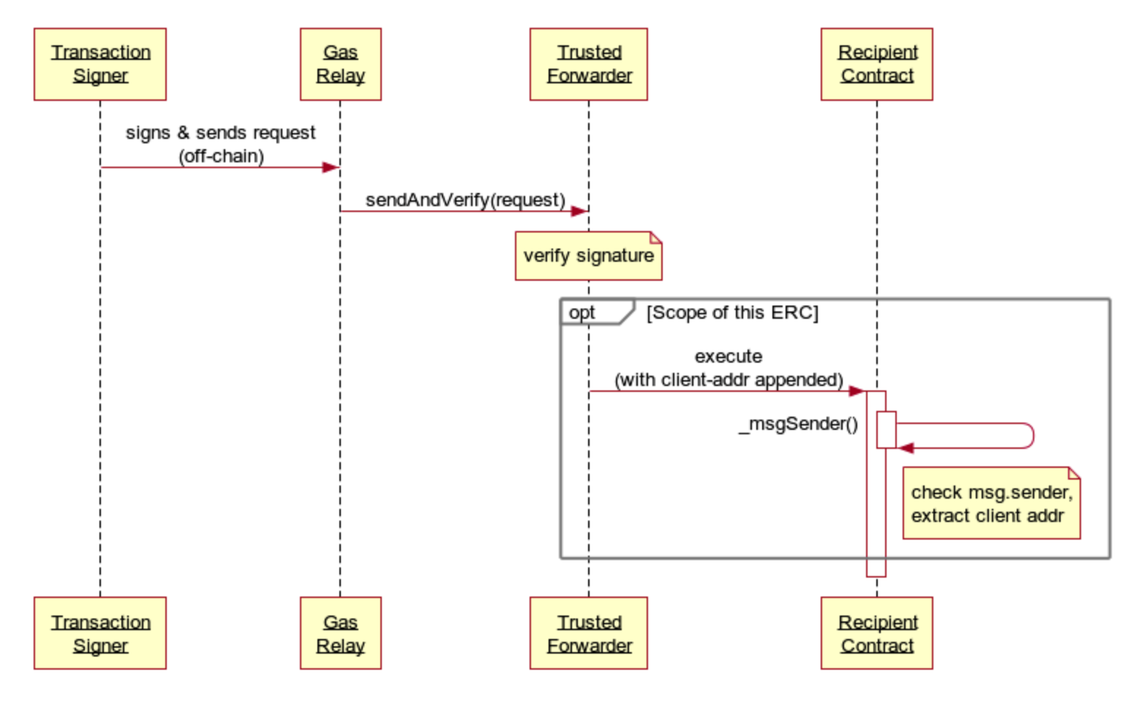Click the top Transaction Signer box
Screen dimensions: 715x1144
click(x=100, y=64)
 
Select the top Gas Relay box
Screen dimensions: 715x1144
click(x=340, y=64)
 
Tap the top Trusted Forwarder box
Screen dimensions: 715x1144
click(x=589, y=64)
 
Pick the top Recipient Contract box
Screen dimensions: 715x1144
click(x=877, y=64)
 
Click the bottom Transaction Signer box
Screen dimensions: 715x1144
click(x=100, y=633)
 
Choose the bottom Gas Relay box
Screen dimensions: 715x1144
click(x=340, y=633)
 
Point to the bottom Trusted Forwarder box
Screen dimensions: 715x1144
click(x=589, y=633)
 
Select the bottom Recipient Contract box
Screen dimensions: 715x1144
click(x=877, y=633)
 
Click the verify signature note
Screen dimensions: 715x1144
click(x=589, y=256)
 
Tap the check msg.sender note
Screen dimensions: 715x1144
click(x=991, y=504)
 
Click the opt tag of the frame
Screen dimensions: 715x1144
click(x=583, y=313)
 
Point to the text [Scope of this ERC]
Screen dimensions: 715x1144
click(x=732, y=313)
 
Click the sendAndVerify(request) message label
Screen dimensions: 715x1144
click(x=465, y=200)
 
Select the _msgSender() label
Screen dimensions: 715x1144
click(x=799, y=424)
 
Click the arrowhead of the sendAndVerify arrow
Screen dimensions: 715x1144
click(x=579, y=211)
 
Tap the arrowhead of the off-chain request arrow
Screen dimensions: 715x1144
click(x=331, y=167)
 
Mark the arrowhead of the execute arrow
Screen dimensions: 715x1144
click(x=857, y=391)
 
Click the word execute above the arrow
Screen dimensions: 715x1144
click(x=729, y=357)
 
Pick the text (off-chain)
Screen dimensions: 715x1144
click(x=221, y=156)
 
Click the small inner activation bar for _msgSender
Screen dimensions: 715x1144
click(x=887, y=430)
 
